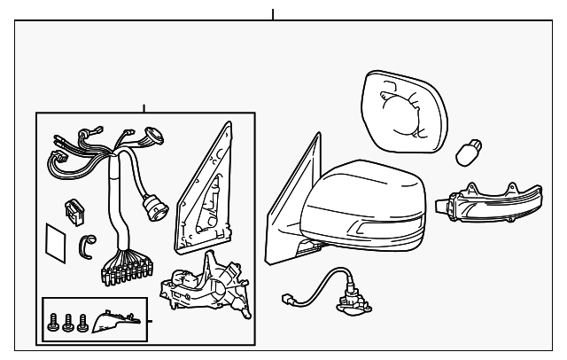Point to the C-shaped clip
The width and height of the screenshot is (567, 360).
click(x=88, y=245)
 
